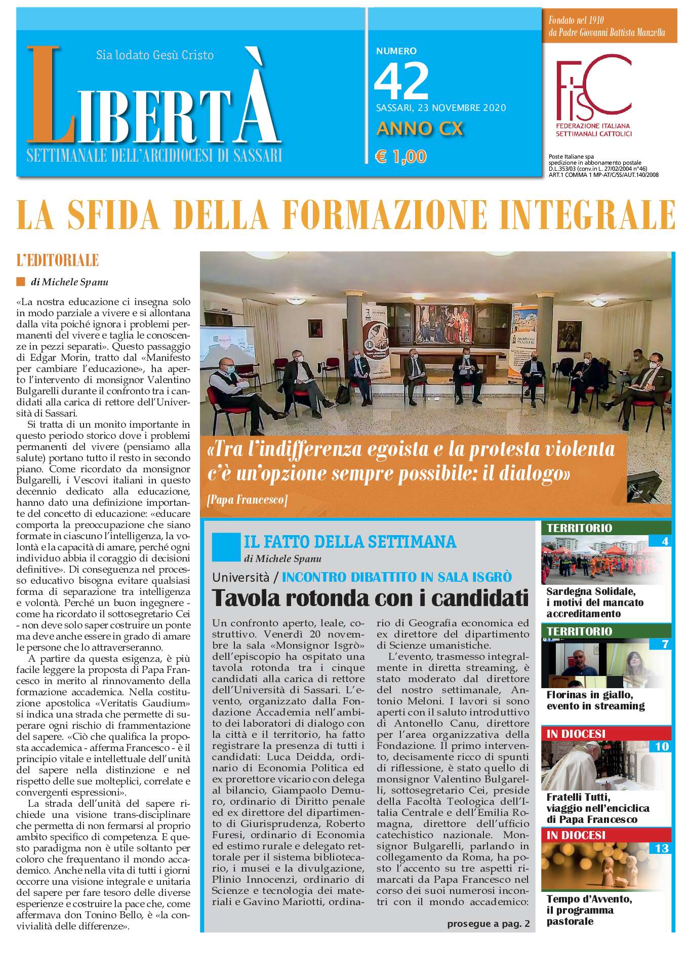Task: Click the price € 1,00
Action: pyautogui.click(x=400, y=157)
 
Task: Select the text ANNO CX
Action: pyautogui.click(x=420, y=129)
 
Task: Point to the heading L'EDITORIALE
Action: pyautogui.click(x=57, y=261)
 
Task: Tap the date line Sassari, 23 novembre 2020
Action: pyautogui.click(x=441, y=107)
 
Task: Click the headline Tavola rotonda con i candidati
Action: pyautogui.click(x=370, y=598)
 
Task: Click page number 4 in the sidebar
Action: pyautogui.click(x=665, y=541)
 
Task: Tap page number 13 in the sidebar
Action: pyautogui.click(x=662, y=848)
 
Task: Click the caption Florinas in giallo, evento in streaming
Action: pyautogui.click(x=595, y=700)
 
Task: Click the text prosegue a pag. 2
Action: pyautogui.click(x=488, y=924)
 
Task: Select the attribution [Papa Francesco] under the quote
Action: pyautogui.click(x=247, y=500)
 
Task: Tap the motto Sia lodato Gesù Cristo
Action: pyautogui.click(x=155, y=55)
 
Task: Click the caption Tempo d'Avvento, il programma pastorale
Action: pyautogui.click(x=589, y=910)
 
